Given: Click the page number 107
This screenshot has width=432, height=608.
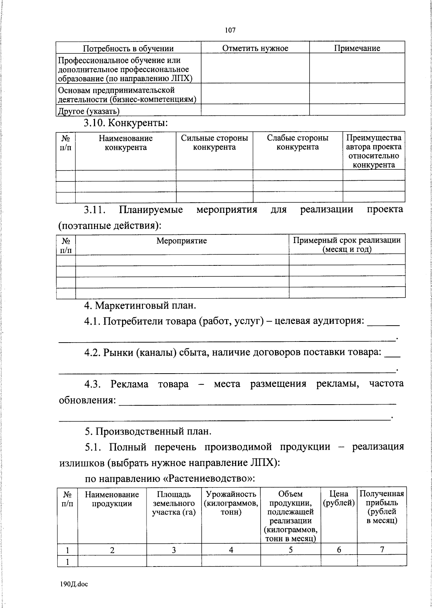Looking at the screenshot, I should [230, 30].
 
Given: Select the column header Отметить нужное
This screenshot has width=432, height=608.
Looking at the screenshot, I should [255, 48].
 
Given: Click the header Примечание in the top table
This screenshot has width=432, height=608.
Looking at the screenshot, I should [357, 48].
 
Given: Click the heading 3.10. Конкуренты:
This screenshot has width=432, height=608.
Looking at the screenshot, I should [126, 123].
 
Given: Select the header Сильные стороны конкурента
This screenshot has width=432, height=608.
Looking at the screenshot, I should [214, 142].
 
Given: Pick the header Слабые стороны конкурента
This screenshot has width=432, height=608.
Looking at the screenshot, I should [297, 142].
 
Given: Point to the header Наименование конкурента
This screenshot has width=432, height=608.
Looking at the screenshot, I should [126, 143].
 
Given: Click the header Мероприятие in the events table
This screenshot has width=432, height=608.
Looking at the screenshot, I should [181, 241].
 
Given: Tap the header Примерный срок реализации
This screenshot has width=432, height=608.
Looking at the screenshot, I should [347, 244].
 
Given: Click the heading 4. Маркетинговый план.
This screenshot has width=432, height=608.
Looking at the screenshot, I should [140, 305].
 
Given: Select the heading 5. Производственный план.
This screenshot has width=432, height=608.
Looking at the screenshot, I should [148, 431].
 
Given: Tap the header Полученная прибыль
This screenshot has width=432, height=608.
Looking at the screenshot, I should [382, 507].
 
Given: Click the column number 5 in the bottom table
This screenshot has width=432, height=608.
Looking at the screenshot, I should [290, 550].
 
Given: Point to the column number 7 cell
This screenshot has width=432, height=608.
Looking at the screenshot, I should [382, 549].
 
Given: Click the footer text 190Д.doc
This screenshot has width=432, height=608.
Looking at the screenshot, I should [74, 584].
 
